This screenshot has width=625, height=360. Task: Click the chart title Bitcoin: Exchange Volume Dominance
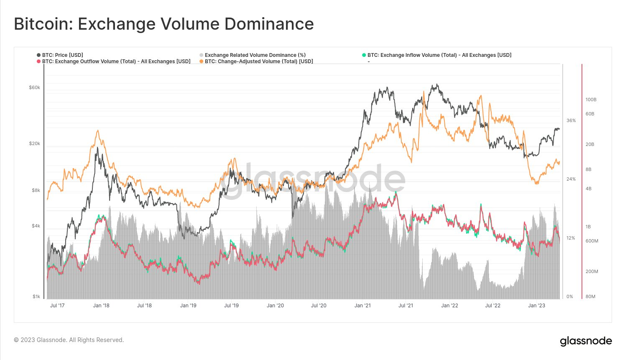point(164,24)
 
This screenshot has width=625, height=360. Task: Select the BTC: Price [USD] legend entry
point(62,55)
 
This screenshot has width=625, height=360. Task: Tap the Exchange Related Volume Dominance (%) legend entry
point(255,55)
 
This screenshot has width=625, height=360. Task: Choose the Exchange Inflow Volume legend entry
point(439,55)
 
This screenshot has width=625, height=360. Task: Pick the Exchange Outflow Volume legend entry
point(116,61)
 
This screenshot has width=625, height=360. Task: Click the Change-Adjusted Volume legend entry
point(259,61)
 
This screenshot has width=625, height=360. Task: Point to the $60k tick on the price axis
point(34,88)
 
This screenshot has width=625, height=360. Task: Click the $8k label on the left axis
point(36,191)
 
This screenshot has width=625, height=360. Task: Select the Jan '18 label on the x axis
point(101,306)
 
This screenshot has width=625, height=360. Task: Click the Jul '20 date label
point(319,306)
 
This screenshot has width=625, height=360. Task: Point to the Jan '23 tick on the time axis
point(536,306)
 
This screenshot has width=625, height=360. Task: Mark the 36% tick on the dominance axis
point(571,121)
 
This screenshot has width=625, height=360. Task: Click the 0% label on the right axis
point(570,297)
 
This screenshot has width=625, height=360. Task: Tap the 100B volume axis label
point(591,100)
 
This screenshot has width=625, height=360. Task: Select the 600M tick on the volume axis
point(592,241)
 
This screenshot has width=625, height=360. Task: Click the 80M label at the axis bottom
point(590,297)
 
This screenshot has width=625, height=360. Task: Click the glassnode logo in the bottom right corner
point(586,341)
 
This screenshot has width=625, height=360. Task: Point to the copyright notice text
point(69,340)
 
